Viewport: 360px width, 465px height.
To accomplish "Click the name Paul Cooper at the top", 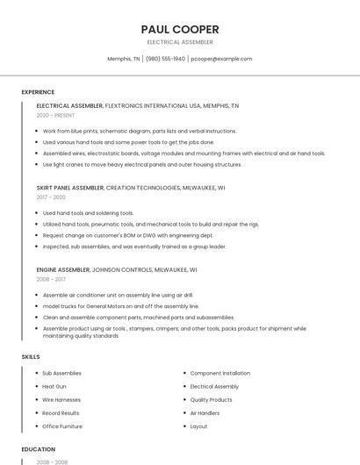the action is click(x=180, y=29).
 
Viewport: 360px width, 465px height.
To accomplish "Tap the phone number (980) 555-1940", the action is click(x=165, y=59).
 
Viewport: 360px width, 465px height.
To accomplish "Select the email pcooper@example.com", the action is click(x=221, y=59).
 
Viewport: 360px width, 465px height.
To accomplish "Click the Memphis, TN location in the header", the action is click(x=124, y=59).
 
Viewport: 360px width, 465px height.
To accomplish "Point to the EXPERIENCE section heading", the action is click(x=38, y=92).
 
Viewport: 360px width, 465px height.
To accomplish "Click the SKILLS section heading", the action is click(x=31, y=357).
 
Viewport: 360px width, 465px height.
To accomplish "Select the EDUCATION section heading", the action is click(x=38, y=449).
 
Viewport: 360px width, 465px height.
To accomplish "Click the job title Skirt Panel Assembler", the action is click(x=69, y=188).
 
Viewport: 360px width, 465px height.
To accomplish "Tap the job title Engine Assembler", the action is click(x=62, y=270).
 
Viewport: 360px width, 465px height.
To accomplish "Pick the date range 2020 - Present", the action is click(x=55, y=115).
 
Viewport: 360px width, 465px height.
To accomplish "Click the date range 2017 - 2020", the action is click(x=51, y=197).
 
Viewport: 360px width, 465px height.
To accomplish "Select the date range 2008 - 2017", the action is click(x=51, y=280).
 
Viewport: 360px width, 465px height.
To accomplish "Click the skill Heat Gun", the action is click(x=54, y=386).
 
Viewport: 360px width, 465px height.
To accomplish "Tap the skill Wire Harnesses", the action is click(x=61, y=399).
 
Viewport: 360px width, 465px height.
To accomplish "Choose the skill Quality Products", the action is click(x=212, y=399).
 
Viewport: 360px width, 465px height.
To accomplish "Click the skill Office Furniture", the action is click(x=62, y=426).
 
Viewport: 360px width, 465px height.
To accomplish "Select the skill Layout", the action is click(x=199, y=426).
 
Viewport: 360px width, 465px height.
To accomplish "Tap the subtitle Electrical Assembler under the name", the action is click(x=180, y=42).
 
